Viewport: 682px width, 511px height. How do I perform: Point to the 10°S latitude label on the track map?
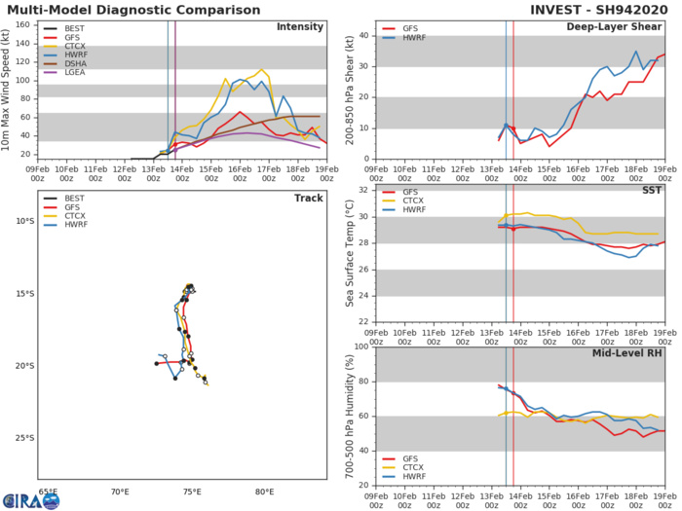point(20,221)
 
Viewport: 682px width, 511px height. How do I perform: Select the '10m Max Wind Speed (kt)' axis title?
point(8,89)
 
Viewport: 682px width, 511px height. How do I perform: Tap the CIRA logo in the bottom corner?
point(29,499)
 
